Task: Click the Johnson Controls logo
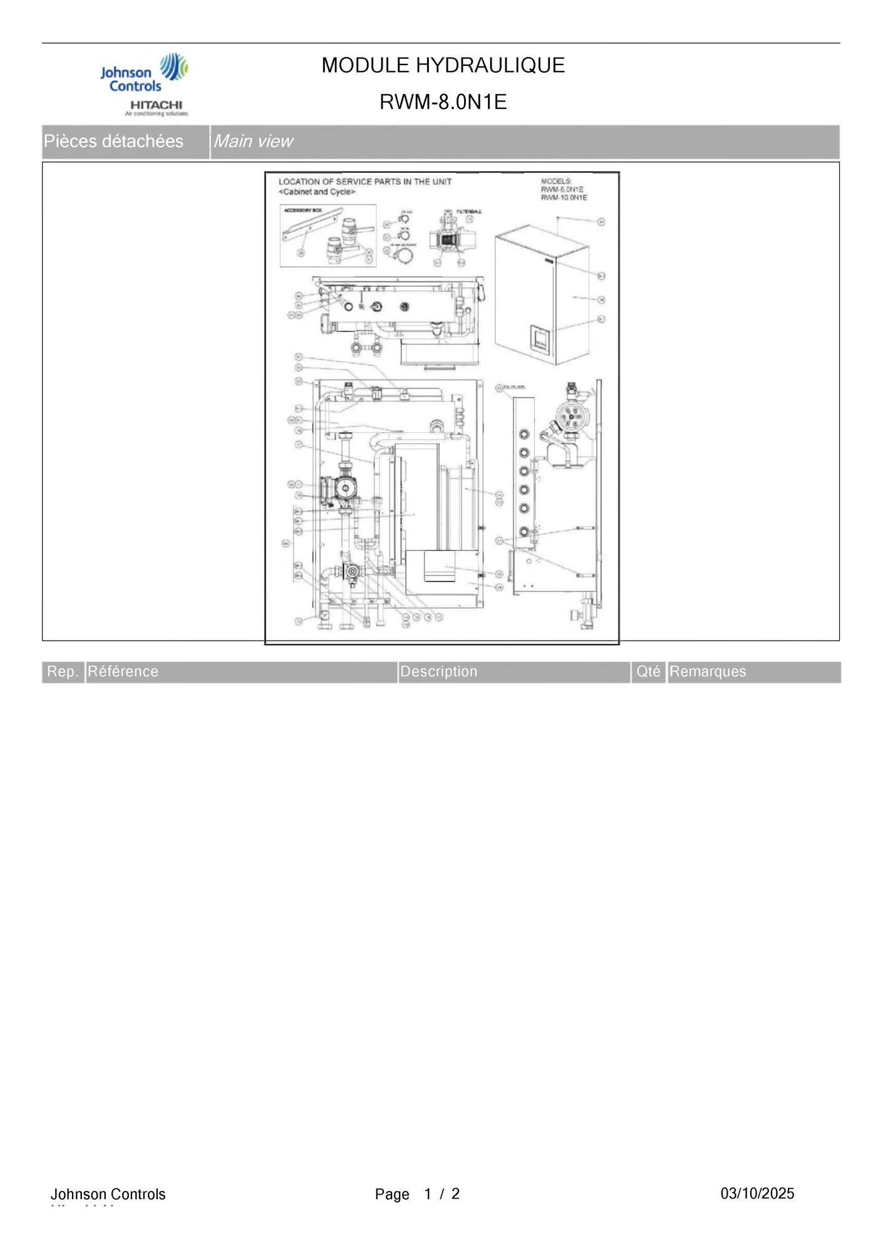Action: tap(143, 73)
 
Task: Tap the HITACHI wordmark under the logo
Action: tap(156, 105)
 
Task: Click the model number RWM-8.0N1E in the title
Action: tap(443, 101)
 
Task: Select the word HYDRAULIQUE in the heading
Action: tap(490, 65)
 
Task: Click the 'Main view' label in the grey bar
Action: tap(253, 142)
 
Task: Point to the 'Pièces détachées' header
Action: tap(113, 142)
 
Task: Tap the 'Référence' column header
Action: tap(123, 671)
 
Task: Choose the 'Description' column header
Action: tap(438, 671)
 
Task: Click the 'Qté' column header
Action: tap(648, 671)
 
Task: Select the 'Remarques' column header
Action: tap(708, 671)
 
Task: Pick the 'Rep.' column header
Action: tap(63, 671)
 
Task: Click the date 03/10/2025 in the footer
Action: tap(757, 1193)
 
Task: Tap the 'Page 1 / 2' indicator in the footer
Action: tap(417, 1194)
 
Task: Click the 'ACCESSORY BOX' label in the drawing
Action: tap(302, 210)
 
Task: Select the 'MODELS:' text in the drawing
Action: tap(556, 182)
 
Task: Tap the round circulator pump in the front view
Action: tap(346, 487)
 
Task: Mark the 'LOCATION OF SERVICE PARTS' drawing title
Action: tap(364, 182)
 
